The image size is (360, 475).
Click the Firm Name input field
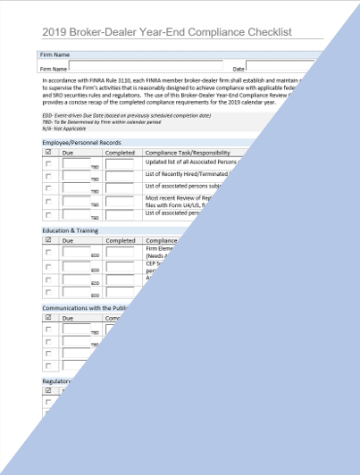tap(147, 66)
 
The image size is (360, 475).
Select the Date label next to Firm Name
tap(239, 67)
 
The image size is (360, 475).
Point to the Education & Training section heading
tap(72, 230)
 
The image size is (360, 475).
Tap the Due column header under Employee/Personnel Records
tap(68, 153)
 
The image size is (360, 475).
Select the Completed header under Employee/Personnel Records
tap(120, 153)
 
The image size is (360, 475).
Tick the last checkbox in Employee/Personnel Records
tap(48, 214)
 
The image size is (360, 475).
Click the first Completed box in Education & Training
tap(121, 253)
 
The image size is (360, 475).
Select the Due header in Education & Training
tap(68, 240)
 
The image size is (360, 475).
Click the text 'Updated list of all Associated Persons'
tap(193, 162)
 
